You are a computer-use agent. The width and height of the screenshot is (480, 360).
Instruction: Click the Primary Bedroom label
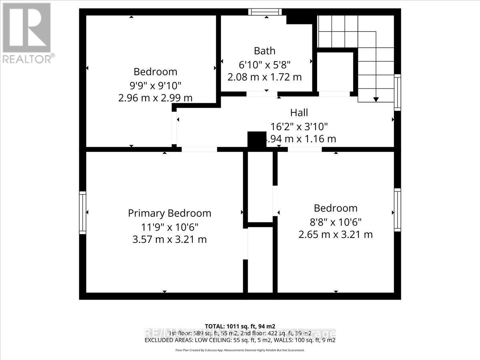(x=169, y=213)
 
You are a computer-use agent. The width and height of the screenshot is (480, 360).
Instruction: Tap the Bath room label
(x=264, y=51)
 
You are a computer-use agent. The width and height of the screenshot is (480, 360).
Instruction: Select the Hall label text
(x=299, y=113)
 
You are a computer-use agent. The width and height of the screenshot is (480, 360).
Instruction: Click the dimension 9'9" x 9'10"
(x=155, y=85)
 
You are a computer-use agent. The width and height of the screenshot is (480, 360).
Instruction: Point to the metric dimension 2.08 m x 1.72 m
(x=264, y=77)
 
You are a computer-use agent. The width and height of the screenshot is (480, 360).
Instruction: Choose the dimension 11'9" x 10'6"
(x=169, y=227)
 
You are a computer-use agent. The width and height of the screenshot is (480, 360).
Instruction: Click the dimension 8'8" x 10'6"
(x=335, y=221)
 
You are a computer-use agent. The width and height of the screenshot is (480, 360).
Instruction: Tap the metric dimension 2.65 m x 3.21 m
(x=335, y=234)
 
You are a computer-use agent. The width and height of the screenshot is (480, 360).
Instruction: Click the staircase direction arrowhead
(x=376, y=99)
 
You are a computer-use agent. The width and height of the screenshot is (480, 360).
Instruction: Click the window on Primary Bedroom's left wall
(x=82, y=212)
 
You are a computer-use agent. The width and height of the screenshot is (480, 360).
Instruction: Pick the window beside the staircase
(x=397, y=92)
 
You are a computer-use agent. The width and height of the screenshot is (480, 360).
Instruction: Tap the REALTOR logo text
(x=28, y=59)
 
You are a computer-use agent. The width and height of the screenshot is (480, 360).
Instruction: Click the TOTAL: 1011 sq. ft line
(x=240, y=326)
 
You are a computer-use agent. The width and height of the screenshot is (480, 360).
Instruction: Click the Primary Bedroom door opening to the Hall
(x=199, y=149)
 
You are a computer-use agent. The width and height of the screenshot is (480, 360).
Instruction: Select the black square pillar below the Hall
(x=257, y=141)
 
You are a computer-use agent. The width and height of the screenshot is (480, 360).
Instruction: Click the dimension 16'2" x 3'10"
(x=299, y=126)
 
